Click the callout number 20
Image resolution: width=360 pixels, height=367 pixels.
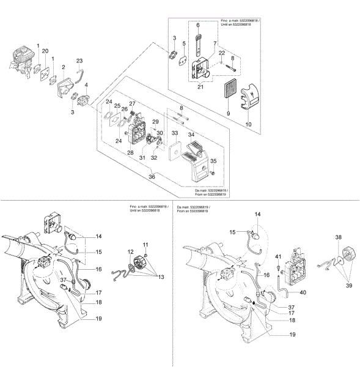point(45,51)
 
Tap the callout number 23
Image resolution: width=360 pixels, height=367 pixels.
point(79,61)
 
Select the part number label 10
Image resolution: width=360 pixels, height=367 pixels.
point(248,124)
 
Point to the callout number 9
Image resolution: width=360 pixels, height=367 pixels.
point(211,114)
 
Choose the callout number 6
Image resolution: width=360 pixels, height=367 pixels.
point(197,25)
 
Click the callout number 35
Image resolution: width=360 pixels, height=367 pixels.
point(213,161)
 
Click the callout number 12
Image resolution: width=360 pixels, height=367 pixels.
point(130,252)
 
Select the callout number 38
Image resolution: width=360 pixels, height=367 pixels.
point(338,237)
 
